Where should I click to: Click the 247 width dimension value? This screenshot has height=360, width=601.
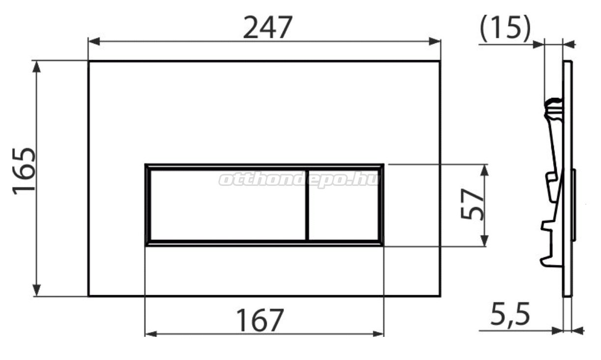267,28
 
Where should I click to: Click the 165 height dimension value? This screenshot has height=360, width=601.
24,171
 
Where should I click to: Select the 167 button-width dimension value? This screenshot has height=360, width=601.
260,320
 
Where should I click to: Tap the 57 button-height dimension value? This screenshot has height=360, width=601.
472,204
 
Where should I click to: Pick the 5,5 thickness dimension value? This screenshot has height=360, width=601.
510,314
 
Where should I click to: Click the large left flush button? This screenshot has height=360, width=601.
228,205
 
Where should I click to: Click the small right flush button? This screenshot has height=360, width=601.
343,205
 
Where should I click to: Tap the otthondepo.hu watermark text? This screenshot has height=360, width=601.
299,180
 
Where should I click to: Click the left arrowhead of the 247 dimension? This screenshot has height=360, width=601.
94,42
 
